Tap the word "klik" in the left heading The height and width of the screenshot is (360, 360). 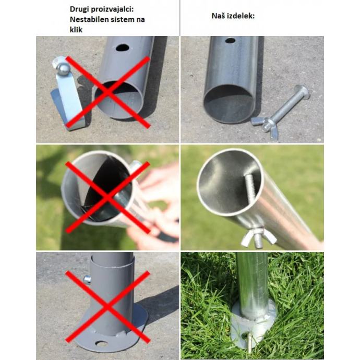pyautogui.click(x=76, y=30)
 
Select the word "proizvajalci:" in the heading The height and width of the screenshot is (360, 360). pyautogui.click(x=112, y=9)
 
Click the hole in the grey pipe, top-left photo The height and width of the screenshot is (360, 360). pyautogui.click(x=123, y=48)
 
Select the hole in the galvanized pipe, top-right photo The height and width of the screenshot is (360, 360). pyautogui.click(x=230, y=41)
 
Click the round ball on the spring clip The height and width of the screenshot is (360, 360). pyautogui.click(x=63, y=69)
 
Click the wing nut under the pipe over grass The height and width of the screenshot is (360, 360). pyautogui.click(x=259, y=237)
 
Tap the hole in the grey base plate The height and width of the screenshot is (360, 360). pyautogui.click(x=102, y=344)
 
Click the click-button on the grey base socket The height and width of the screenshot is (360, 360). pyautogui.click(x=87, y=280)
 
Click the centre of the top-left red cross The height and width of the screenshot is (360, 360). pyautogui.click(x=108, y=92)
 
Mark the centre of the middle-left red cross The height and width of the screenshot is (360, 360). pyautogui.click(x=107, y=197)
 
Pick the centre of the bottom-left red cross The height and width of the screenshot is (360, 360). pyautogui.click(x=107, y=307)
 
